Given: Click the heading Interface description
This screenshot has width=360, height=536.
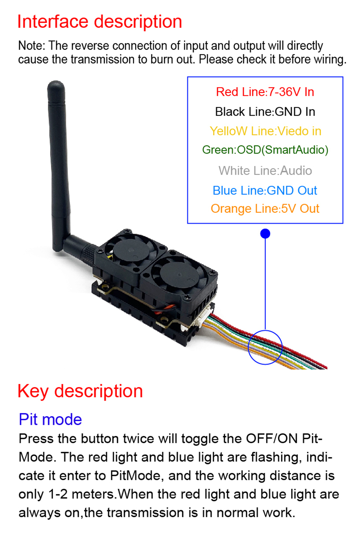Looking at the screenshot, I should pos(100,22).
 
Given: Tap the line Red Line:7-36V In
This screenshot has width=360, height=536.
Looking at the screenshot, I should pos(265,92).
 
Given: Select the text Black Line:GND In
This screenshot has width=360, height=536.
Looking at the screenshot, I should pos(265,112).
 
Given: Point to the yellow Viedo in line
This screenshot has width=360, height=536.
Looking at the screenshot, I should pos(265,131).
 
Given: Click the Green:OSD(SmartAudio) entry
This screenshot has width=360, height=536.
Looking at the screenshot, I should pos(265,150).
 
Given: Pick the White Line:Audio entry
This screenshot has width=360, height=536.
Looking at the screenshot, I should pos(265,171).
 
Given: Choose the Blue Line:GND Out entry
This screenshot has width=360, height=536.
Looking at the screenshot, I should pos(265,190).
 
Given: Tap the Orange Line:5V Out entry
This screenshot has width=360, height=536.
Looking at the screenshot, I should pos(265,209).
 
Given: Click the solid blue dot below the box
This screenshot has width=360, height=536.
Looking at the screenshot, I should pos(265,234).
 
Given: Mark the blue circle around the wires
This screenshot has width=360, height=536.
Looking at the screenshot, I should pos(265,347).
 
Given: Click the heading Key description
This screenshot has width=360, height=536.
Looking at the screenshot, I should pos(80,391).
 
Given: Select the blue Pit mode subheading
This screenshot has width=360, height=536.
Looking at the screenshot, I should pos(50,419).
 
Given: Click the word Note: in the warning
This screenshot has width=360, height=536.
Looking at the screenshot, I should pos(32,46).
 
